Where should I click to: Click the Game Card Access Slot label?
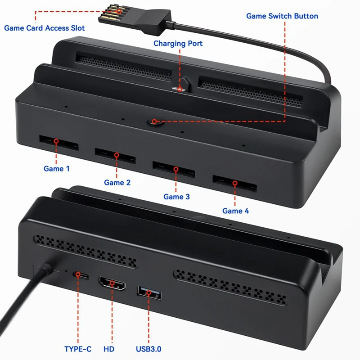[x=44, y=28]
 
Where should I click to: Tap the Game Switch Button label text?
[x=282, y=16]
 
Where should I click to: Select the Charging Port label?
[x=178, y=44]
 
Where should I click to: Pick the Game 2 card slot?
[x=115, y=156]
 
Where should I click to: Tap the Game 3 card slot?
[x=173, y=169]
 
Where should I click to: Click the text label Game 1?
[x=57, y=169]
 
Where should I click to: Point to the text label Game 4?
[x=235, y=211]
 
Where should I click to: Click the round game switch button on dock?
[x=154, y=121]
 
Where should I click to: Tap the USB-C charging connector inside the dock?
[x=181, y=88]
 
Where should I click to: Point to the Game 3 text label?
[x=176, y=197]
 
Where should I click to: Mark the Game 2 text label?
[x=117, y=183]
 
